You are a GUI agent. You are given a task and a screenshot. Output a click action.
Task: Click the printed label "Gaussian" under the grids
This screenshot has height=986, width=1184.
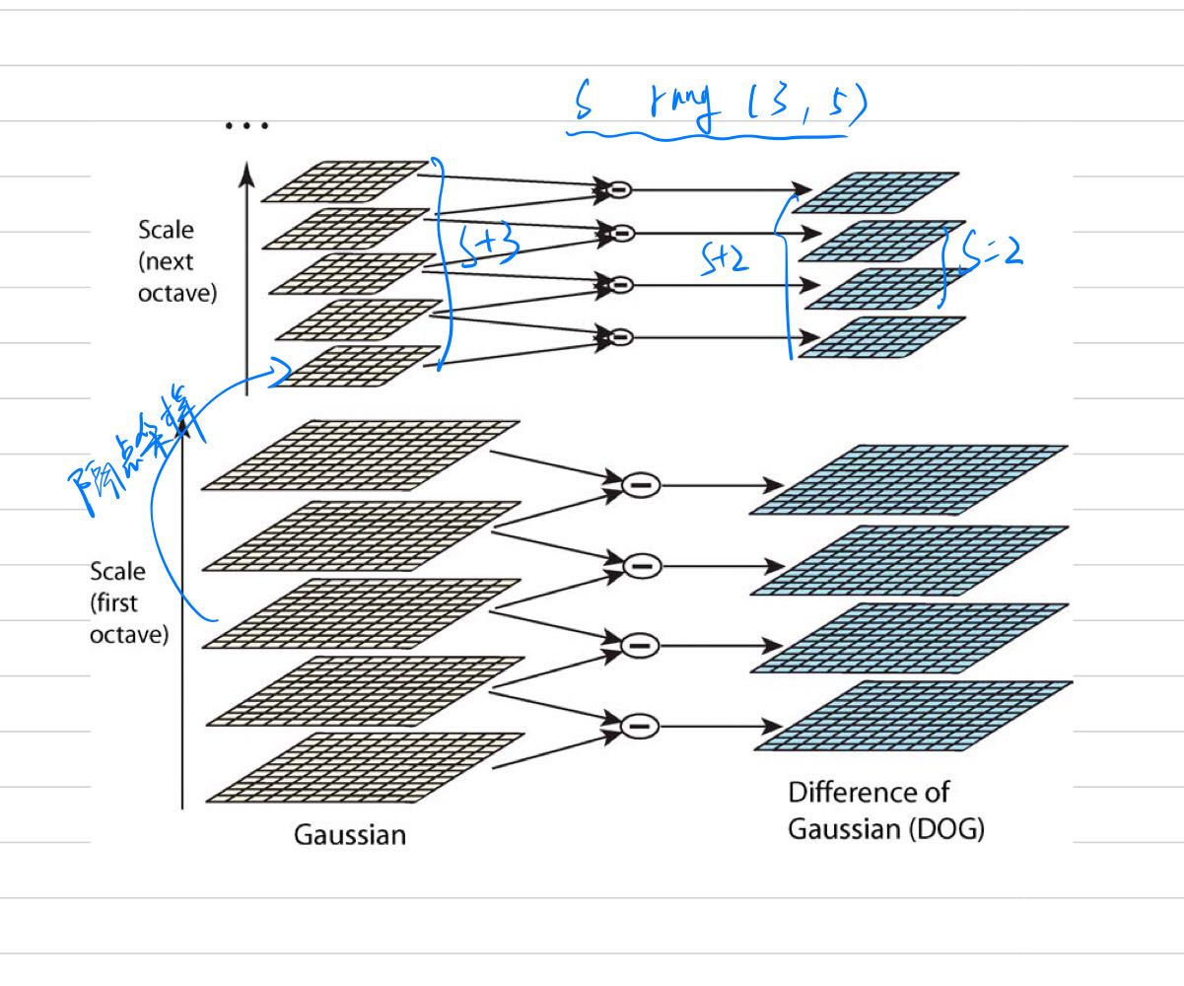(350, 835)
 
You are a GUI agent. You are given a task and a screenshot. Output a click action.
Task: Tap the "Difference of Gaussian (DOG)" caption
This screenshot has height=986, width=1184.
(885, 810)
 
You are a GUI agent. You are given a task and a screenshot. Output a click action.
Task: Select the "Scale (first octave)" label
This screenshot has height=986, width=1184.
(129, 602)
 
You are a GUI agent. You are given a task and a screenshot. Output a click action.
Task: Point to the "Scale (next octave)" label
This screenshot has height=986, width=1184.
(177, 262)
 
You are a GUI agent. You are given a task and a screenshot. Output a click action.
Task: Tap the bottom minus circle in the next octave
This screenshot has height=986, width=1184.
(620, 337)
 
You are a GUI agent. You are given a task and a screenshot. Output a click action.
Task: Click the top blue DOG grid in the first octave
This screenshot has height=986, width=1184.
(907, 479)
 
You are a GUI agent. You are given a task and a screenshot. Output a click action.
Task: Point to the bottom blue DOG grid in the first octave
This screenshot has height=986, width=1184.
(907, 716)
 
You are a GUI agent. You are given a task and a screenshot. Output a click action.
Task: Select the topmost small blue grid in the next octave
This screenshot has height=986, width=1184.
(874, 191)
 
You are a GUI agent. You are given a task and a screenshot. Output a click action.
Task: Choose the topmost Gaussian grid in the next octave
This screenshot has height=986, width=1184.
(346, 180)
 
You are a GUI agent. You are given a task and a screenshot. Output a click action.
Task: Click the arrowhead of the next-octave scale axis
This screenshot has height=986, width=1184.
(247, 173)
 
